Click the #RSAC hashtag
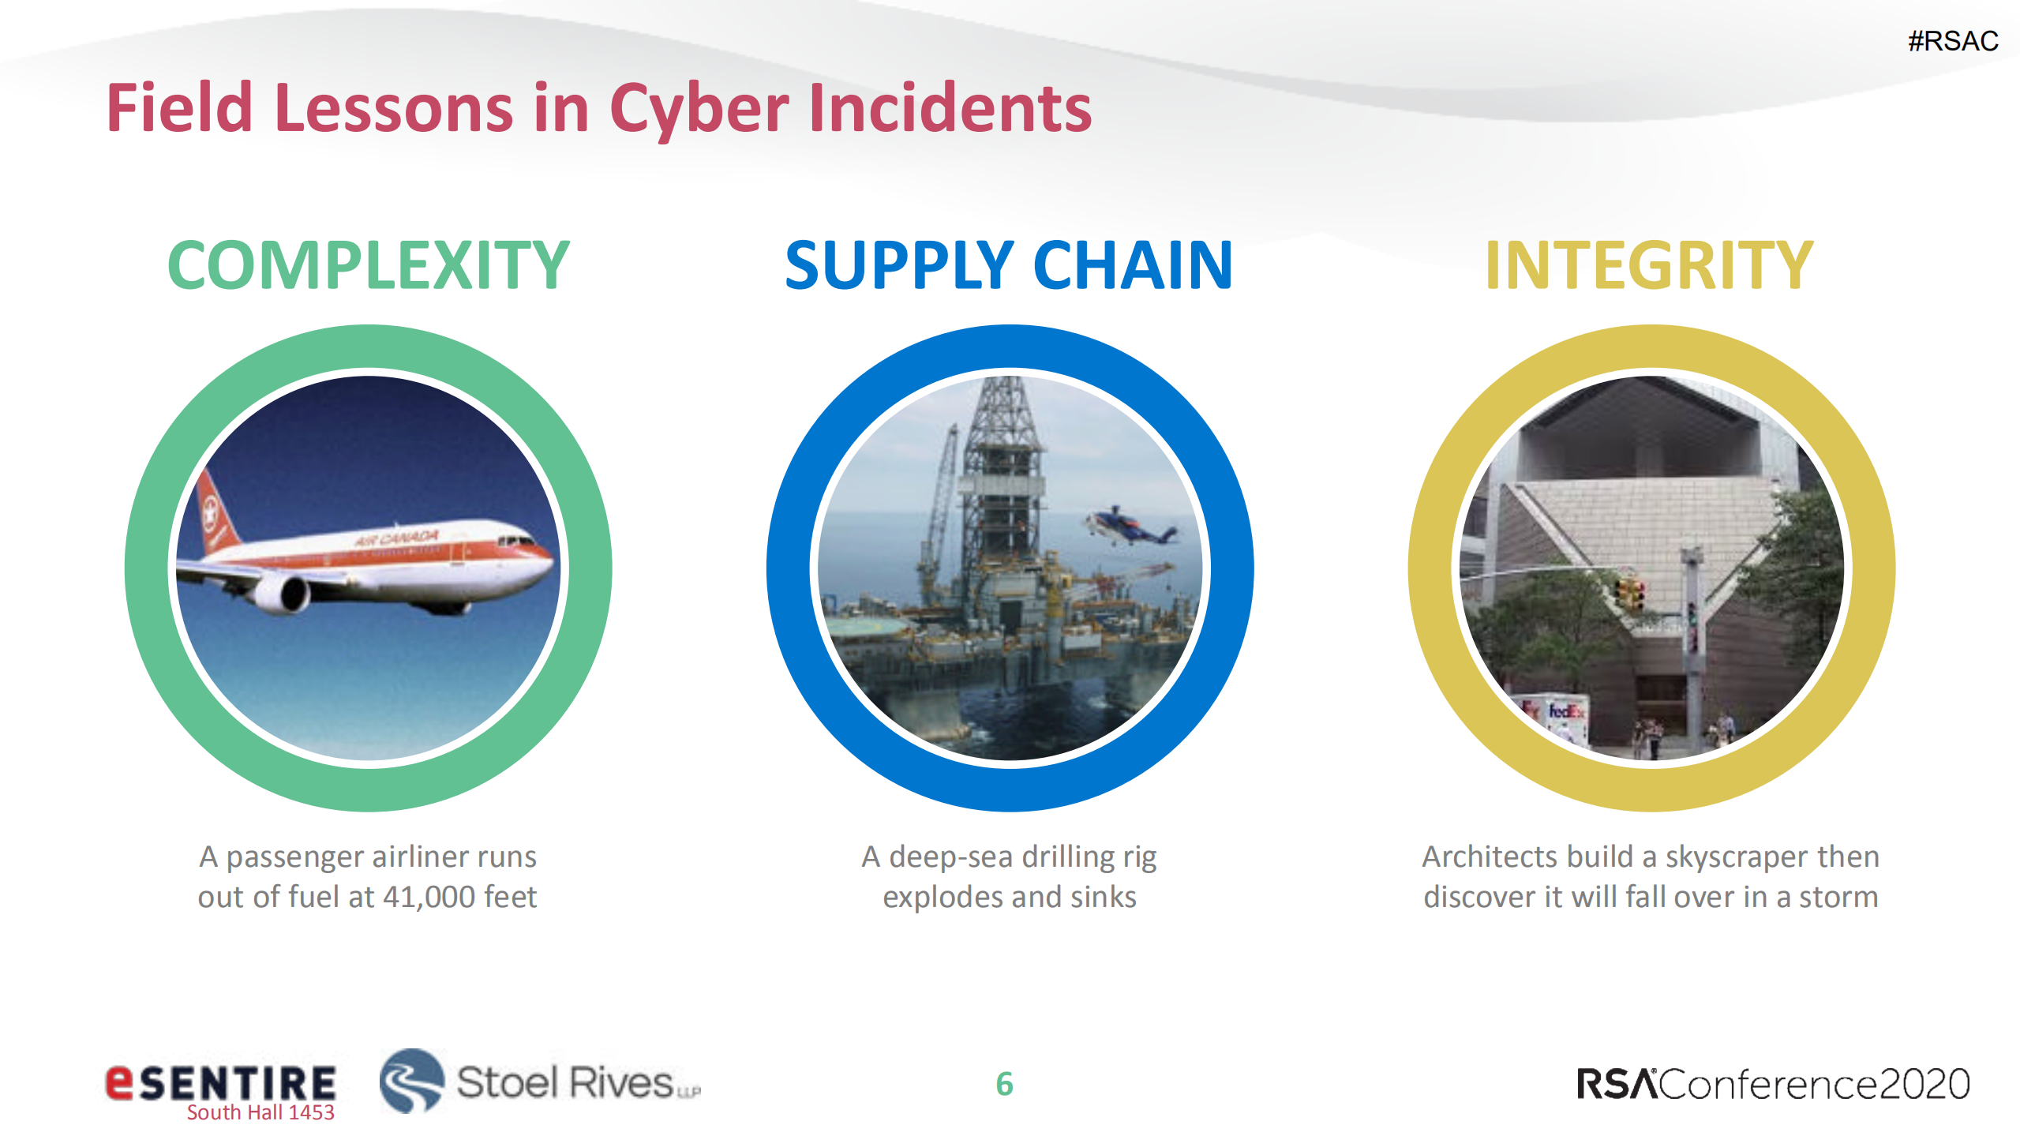(1952, 41)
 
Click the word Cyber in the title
(699, 109)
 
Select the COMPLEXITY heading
(368, 266)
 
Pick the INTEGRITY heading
(1649, 266)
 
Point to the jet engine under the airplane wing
(283, 594)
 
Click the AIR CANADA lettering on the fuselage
(396, 538)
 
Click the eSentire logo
(221, 1082)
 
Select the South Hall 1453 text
(260, 1113)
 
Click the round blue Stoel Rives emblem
(411, 1081)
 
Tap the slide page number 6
(1004, 1084)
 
